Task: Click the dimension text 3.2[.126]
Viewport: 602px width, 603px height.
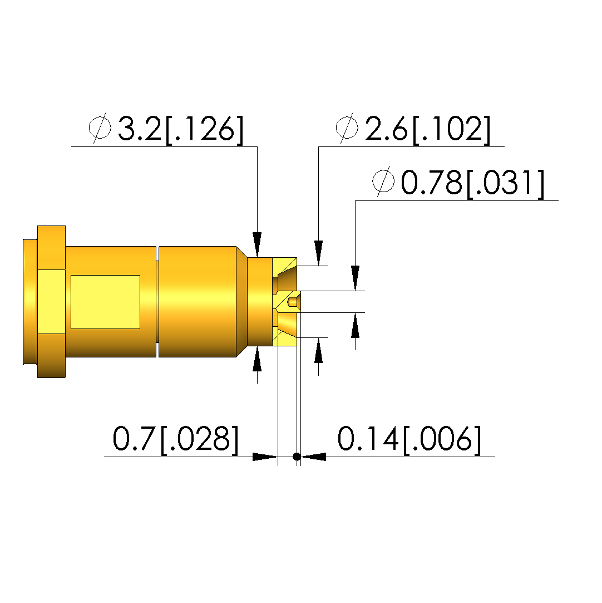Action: point(181,130)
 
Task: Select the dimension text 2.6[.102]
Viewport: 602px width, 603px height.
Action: point(428,130)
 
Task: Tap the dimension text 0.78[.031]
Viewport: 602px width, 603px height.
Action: point(472,183)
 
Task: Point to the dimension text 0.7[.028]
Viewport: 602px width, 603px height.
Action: point(176,439)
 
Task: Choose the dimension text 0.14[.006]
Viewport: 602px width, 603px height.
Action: point(409,439)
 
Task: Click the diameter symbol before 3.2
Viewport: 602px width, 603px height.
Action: point(100,128)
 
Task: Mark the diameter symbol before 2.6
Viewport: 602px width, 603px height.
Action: point(347,128)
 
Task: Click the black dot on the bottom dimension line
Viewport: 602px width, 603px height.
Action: point(297,457)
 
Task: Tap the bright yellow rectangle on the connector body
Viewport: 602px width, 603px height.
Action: point(105,302)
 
